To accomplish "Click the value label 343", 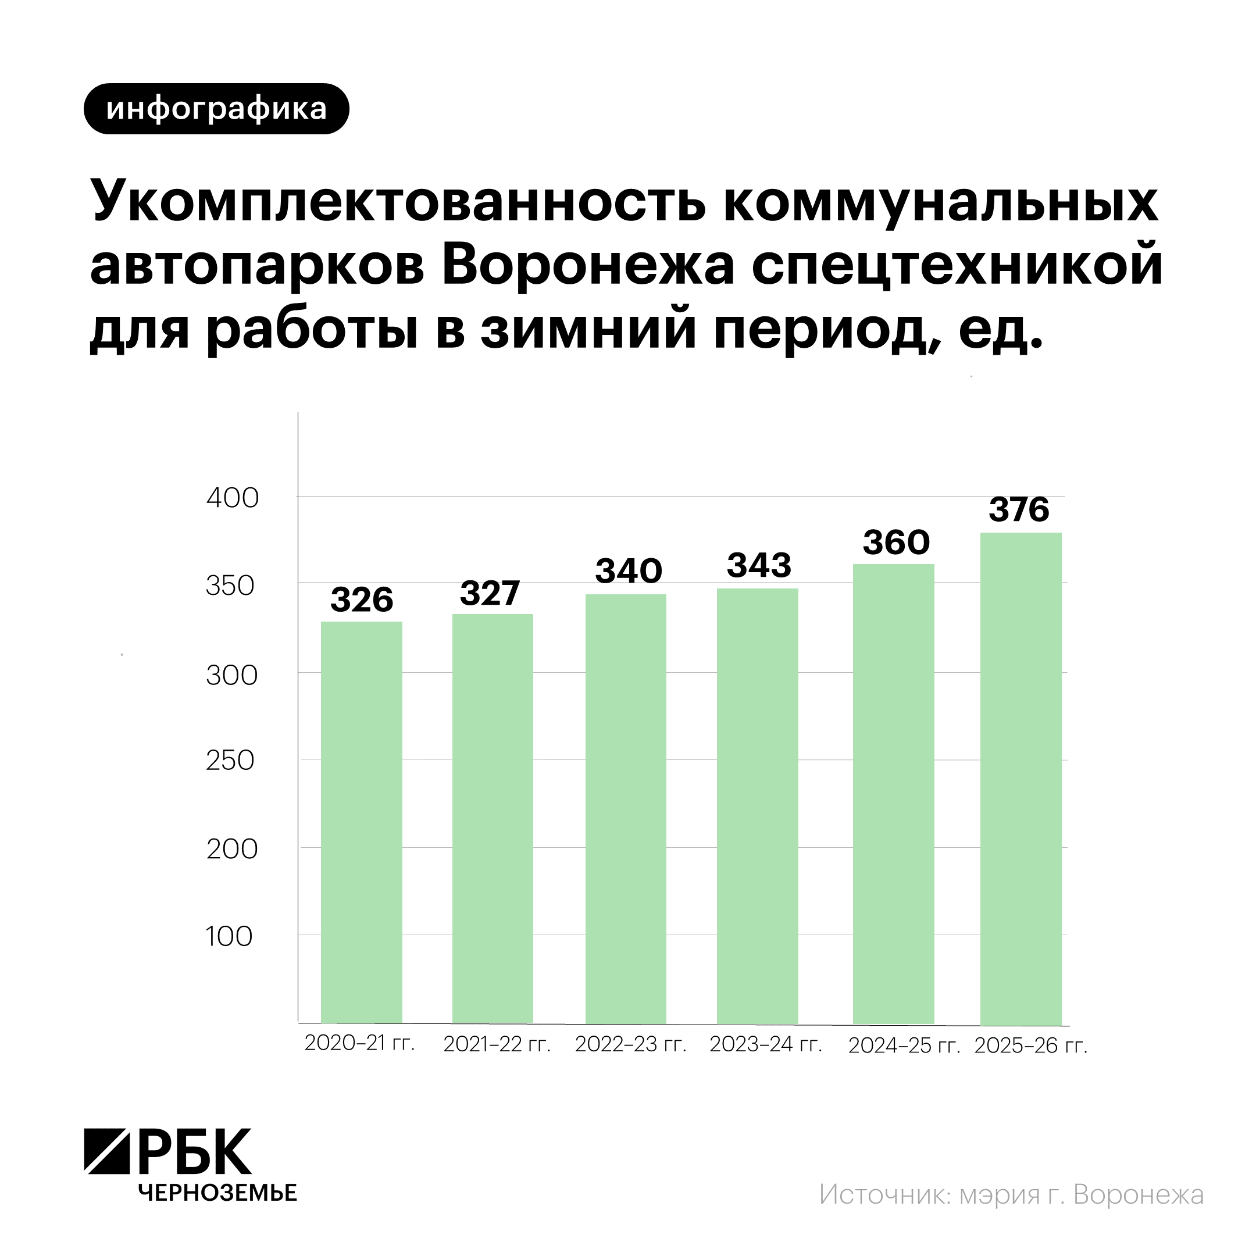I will tap(759, 566).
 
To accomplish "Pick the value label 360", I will tap(896, 542).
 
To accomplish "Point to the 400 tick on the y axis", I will tap(232, 498).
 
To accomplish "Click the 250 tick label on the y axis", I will tap(230, 761).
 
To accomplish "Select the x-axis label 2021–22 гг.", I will tap(497, 1044).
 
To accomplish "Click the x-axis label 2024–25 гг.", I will tap(904, 1046).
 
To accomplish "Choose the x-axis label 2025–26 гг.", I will tap(1030, 1046).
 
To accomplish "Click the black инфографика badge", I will tap(216, 109).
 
